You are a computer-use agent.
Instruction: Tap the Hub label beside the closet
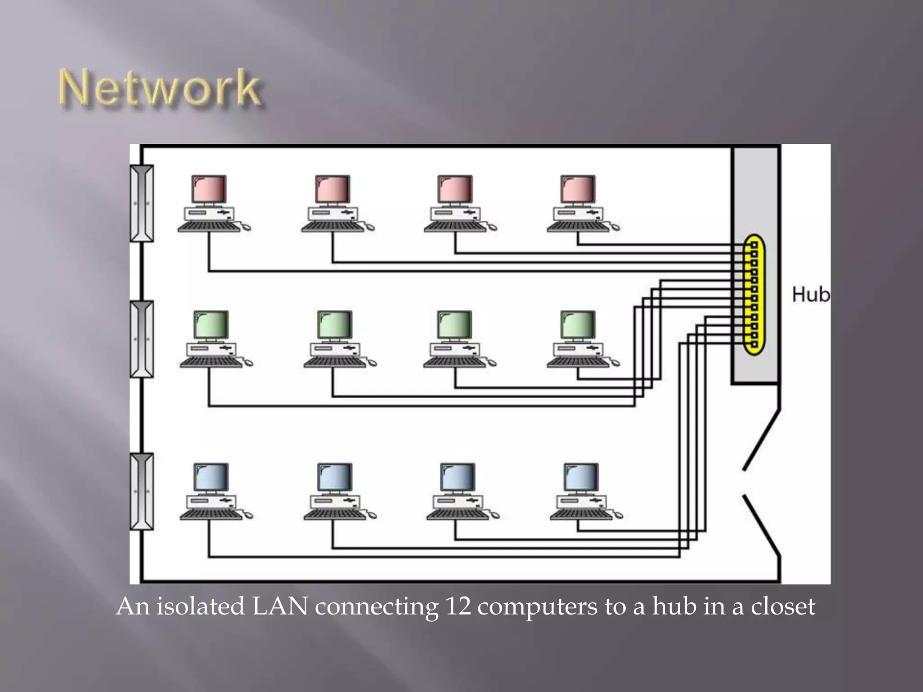coord(810,294)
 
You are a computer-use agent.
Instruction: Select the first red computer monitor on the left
coord(209,189)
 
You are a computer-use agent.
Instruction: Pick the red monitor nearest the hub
coord(578,189)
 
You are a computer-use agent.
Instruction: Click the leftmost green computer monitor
coord(211,324)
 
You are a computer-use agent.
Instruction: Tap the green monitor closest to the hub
coord(578,324)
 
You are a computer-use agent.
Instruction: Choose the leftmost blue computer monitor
coord(211,477)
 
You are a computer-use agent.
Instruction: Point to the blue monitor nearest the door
coord(581,477)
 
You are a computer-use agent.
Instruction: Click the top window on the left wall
coord(142,203)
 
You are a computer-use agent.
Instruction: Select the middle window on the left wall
coord(142,339)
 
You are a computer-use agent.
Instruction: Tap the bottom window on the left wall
coord(142,491)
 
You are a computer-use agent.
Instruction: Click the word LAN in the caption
coord(279,606)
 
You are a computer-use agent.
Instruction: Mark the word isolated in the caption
coord(200,606)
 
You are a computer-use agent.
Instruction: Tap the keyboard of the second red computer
coord(333,226)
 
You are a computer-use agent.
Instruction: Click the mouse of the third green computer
coord(491,363)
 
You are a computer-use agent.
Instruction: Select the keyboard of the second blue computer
coord(334,514)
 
